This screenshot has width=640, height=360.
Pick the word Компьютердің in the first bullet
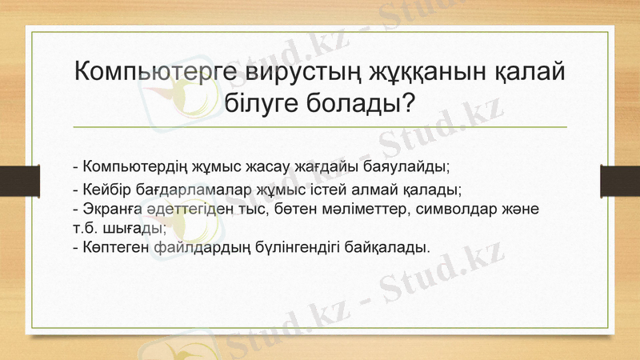[135, 167]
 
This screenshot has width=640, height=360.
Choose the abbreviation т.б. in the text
[85, 226]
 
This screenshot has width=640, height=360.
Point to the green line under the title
[320, 127]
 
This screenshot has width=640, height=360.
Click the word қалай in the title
[527, 71]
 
